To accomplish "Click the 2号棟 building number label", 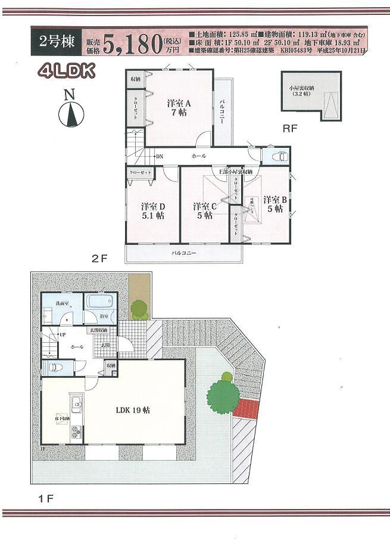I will click(56, 41).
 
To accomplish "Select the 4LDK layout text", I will click(66, 72).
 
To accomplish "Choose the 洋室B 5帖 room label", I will click(276, 204).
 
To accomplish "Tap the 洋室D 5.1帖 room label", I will click(152, 211).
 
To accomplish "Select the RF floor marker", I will click(290, 128).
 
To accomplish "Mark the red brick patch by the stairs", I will click(247, 408).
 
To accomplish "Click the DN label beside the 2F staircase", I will click(160, 156).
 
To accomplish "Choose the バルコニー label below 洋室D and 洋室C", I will click(184, 253).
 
